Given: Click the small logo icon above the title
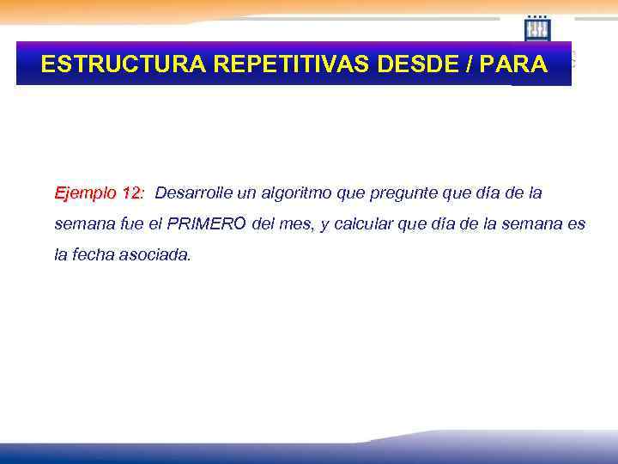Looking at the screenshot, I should [537, 28].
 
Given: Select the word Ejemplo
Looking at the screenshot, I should [86, 192].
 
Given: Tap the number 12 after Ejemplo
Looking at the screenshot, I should [132, 192].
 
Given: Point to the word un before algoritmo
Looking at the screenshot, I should [245, 192].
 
